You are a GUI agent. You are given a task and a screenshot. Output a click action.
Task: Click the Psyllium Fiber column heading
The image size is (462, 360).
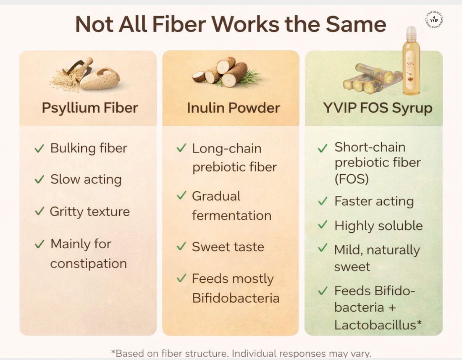click(89, 108)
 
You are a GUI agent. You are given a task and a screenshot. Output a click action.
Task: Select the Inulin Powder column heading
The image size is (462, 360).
click(233, 108)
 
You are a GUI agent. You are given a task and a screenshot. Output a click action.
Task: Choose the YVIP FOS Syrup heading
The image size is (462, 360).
click(378, 108)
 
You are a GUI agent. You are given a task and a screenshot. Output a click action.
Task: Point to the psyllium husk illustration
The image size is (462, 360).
click(86, 75)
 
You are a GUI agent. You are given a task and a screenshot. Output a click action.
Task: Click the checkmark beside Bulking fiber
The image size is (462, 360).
click(39, 149)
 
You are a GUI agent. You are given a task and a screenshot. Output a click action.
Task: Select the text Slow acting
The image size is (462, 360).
click(86, 179)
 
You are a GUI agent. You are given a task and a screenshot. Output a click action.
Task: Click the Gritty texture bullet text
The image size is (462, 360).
click(89, 211)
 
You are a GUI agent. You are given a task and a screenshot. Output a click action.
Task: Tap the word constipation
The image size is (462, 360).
click(88, 263)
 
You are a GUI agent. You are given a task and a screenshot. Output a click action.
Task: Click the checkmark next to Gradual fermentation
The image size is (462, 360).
click(181, 196)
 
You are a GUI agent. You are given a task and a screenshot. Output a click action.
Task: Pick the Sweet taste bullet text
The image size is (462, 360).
click(228, 247)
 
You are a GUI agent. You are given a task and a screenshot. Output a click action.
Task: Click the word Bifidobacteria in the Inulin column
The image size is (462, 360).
click(236, 298)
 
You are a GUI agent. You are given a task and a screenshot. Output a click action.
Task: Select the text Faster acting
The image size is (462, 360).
click(374, 201)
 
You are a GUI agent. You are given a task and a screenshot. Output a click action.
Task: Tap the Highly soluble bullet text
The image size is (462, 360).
click(378, 226)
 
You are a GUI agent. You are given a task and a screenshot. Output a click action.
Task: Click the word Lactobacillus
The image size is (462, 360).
click(378, 324)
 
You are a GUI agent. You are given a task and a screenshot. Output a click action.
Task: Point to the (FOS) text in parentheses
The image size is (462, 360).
click(352, 179)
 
